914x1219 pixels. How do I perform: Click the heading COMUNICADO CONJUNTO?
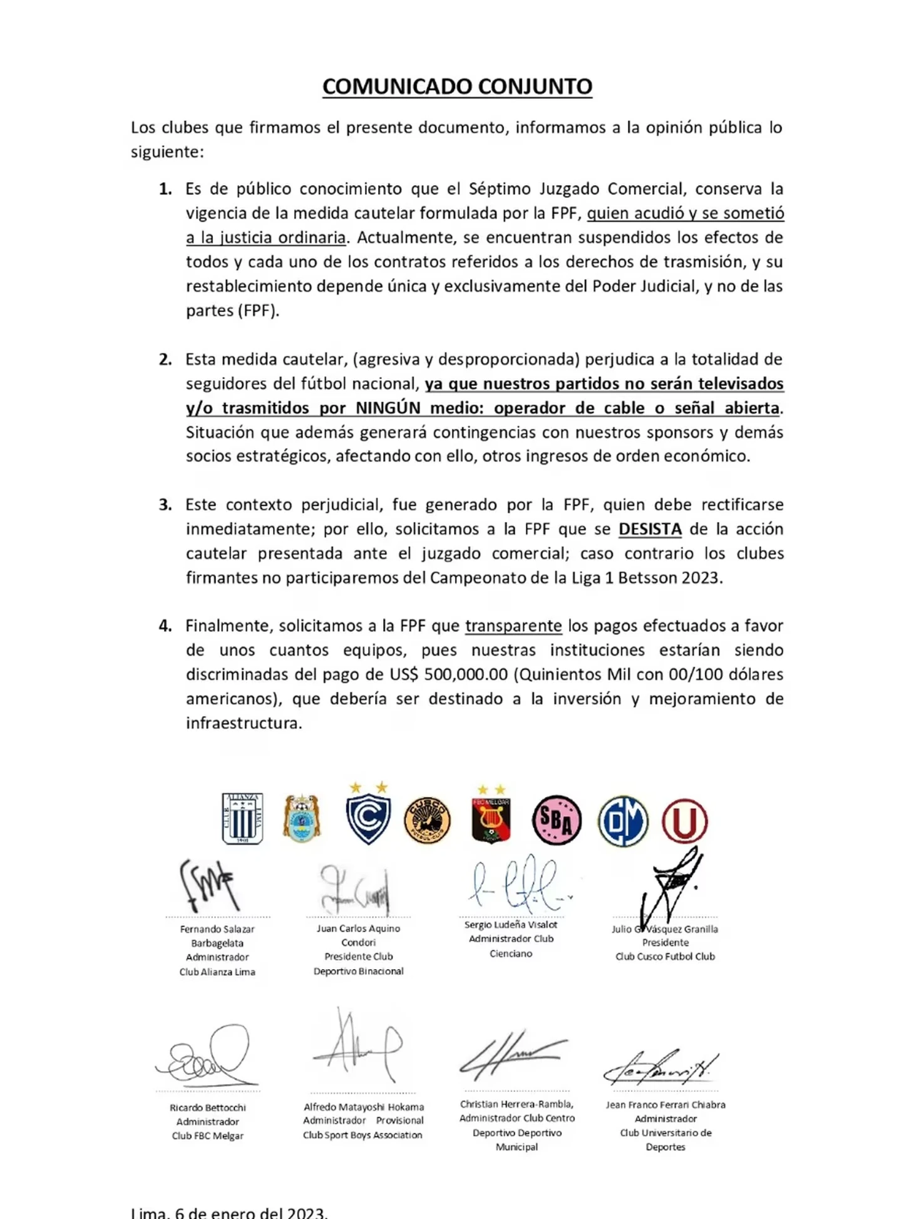point(457,86)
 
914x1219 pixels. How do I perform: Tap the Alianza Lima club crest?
point(242,818)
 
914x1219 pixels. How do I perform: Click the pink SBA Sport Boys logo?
point(557,820)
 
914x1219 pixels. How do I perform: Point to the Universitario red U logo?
point(684,821)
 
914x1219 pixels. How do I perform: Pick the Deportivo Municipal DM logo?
point(622,821)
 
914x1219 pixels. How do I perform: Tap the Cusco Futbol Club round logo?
point(428,820)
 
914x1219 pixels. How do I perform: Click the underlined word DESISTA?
point(650,529)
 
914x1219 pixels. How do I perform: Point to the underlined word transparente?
point(513,626)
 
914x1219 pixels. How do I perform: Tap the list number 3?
point(165,505)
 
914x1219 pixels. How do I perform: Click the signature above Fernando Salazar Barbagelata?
point(208,885)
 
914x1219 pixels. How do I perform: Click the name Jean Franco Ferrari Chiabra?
point(665,1104)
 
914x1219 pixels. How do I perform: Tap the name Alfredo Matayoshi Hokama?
point(364,1107)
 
